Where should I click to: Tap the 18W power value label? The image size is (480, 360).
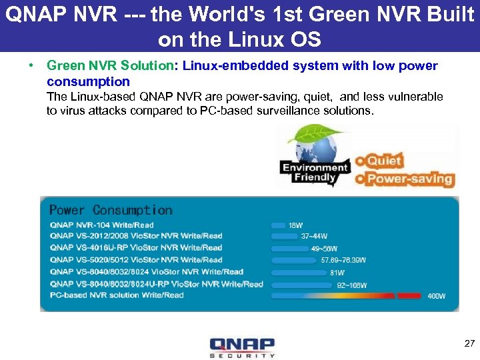coord(296,225)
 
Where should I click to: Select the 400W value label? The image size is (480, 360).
coord(437,296)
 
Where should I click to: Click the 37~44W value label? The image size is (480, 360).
coord(314,236)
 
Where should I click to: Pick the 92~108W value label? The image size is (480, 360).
coord(352,285)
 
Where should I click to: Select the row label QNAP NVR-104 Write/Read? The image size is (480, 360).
coord(101,225)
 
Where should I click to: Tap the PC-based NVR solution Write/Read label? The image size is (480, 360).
coord(117,295)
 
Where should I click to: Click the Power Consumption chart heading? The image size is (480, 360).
coord(111,210)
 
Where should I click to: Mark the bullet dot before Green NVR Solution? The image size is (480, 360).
coord(31,66)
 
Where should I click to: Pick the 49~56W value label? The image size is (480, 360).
coord(325,248)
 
